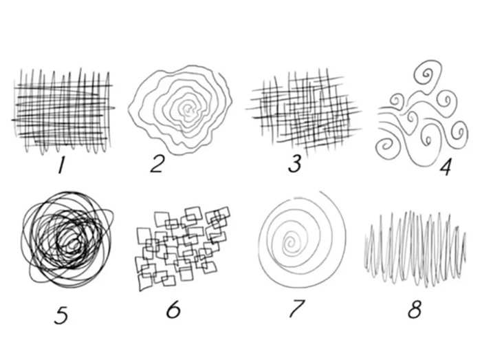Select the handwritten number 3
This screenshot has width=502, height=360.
pyautogui.click(x=295, y=165)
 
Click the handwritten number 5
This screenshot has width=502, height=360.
pyautogui.click(x=61, y=315)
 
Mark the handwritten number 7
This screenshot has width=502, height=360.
pyautogui.click(x=296, y=308)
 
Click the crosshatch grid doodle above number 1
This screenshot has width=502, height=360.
pyautogui.click(x=63, y=110)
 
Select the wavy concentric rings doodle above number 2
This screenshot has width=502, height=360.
pyautogui.click(x=181, y=109)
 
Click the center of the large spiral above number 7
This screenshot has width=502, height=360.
pyautogui.click(x=292, y=241)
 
